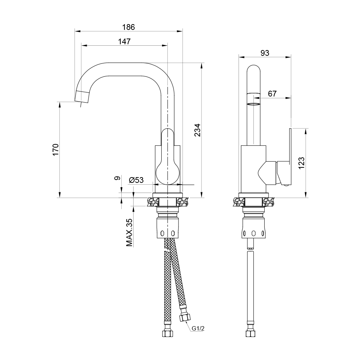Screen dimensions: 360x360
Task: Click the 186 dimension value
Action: (x=129, y=27)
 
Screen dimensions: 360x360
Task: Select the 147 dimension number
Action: (x=124, y=41)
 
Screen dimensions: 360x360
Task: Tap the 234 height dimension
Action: (x=197, y=130)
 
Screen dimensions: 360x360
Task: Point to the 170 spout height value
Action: (x=55, y=150)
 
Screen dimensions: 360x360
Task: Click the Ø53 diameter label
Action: (x=136, y=180)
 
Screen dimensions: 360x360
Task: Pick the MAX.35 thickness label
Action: (x=129, y=233)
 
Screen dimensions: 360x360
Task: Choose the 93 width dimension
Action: (x=265, y=53)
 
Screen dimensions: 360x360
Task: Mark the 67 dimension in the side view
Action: (x=272, y=94)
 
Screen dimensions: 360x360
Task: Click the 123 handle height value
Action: (x=301, y=163)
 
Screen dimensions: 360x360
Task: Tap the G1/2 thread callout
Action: (x=198, y=329)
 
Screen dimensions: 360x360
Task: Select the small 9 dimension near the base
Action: (x=117, y=178)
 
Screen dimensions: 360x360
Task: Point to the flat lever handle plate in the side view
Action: (x=290, y=156)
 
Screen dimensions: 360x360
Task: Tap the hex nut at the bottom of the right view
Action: (x=250, y=334)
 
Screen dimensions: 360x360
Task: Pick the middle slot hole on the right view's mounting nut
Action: (x=253, y=234)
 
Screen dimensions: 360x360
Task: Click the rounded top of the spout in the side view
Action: (x=253, y=69)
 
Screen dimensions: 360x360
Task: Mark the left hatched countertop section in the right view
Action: (x=239, y=202)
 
